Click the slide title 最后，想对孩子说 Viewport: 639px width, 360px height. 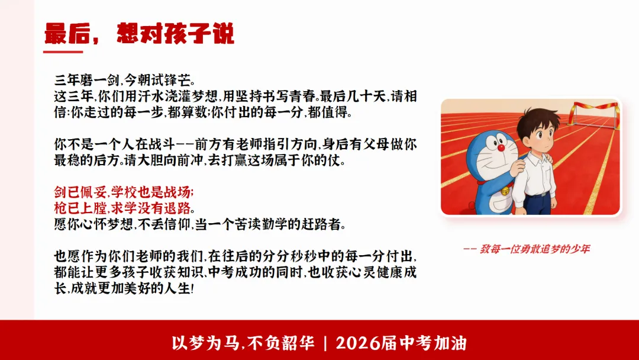(x=140, y=34)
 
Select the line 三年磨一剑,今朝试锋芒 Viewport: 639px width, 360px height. (x=124, y=79)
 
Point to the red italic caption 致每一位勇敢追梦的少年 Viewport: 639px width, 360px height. (x=526, y=249)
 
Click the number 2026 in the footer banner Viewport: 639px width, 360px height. (x=360, y=343)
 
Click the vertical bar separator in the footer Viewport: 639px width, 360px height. (x=325, y=343)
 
